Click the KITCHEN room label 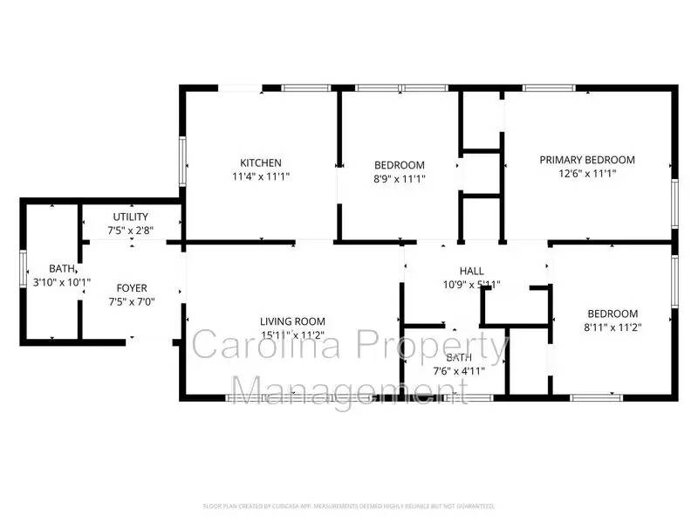[261, 162]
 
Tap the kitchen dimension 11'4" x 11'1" [261, 176]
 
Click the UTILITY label [130, 217]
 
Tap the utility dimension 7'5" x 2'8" [130, 231]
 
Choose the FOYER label [132, 288]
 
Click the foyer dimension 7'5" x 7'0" [132, 302]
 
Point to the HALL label [471, 271]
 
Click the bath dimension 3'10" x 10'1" [62, 282]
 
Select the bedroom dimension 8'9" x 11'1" [399, 179]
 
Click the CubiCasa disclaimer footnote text [349, 506]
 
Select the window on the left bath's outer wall [23, 268]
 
